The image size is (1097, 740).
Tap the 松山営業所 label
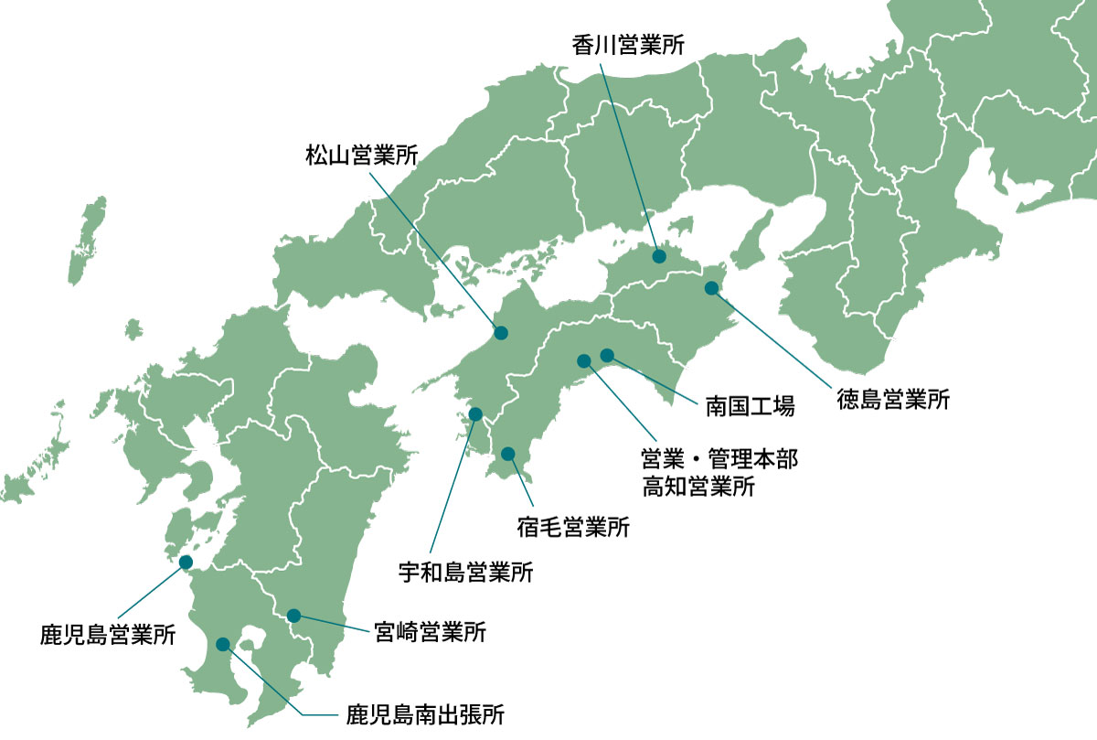[x=361, y=156]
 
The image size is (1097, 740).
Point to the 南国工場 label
[x=750, y=404]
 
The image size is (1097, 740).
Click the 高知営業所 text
[x=698, y=486]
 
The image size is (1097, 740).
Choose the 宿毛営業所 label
[x=573, y=527]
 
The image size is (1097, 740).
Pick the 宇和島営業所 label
[x=465, y=574]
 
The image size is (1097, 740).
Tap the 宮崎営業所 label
[x=430, y=632]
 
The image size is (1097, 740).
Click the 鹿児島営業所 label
[x=108, y=635]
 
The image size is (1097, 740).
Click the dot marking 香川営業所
[x=659, y=257]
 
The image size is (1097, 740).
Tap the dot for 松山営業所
[x=501, y=333]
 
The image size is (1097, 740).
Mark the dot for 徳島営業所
[x=712, y=288]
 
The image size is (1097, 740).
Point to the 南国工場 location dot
[x=607, y=355]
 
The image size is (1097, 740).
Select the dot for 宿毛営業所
[x=508, y=454]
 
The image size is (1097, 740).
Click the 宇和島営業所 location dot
[x=475, y=414]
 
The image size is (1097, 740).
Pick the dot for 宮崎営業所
[x=293, y=616]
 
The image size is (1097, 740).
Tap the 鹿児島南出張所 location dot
[x=223, y=644]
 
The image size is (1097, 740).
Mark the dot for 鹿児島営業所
[x=186, y=562]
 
